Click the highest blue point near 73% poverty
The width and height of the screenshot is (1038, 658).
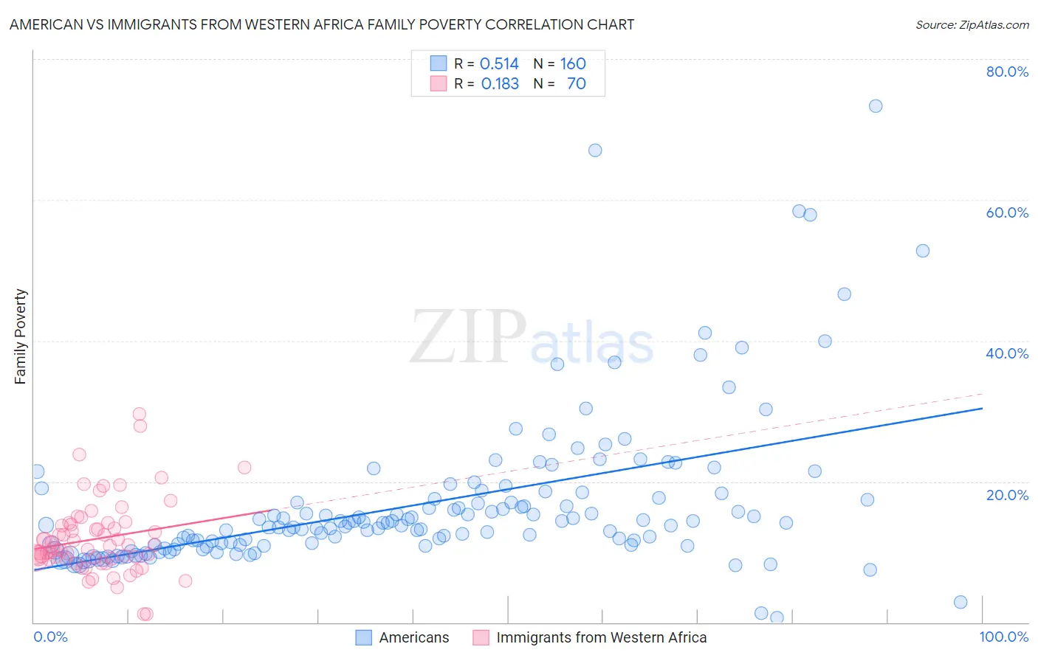[x=876, y=105]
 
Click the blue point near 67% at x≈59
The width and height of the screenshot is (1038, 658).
[x=595, y=150]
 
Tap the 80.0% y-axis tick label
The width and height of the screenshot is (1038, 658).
[x=1007, y=72]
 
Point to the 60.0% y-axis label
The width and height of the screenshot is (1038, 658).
[x=1007, y=212]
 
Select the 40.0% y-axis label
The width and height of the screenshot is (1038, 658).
[x=1007, y=353]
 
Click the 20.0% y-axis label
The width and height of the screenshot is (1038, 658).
[x=1007, y=494]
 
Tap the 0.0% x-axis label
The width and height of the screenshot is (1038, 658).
[x=50, y=637]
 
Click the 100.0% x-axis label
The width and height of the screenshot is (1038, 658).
[x=1003, y=637]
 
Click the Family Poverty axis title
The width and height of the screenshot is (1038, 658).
[x=21, y=336]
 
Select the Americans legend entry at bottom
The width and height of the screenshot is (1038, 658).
[x=413, y=637]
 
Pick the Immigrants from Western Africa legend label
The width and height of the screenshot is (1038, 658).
[x=601, y=637]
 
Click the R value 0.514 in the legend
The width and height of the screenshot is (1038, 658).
[x=499, y=63]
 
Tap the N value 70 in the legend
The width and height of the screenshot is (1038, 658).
[x=576, y=83]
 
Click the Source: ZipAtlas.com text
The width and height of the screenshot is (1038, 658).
[x=972, y=24]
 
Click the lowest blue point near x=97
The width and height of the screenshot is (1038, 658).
[x=960, y=602]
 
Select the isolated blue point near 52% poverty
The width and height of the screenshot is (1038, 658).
[x=923, y=251]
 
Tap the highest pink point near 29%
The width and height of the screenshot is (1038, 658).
[x=140, y=414]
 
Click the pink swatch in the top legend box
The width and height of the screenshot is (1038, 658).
[x=439, y=83]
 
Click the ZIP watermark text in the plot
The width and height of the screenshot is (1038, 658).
[x=468, y=337]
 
